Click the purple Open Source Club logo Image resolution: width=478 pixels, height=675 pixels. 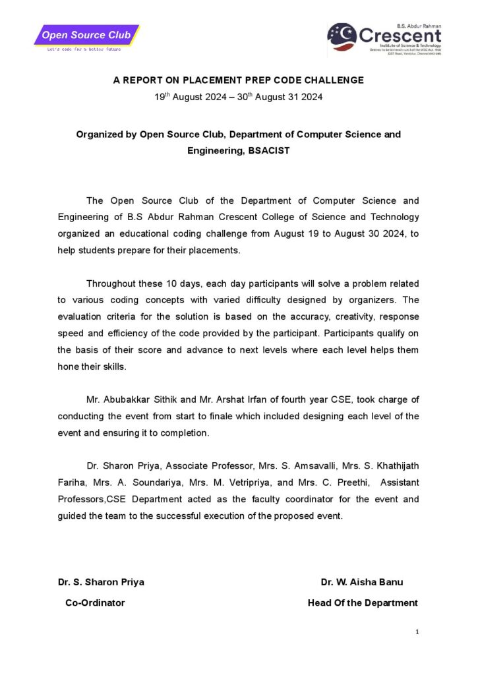pos(86,35)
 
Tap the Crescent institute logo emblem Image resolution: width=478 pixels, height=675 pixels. pos(342,38)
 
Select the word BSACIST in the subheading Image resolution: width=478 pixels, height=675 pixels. pos(269,150)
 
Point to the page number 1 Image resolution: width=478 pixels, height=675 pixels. pos(417,632)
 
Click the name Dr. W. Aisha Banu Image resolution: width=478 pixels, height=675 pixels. pos(361,582)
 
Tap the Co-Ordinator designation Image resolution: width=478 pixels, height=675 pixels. pos(95,602)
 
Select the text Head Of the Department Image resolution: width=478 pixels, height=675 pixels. pos(363,602)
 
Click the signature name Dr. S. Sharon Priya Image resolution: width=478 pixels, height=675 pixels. pos(101,582)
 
